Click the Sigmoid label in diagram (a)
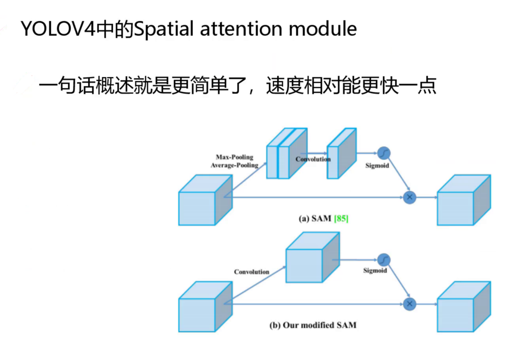[377, 165]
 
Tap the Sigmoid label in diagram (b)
[375, 270]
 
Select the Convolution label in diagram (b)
[251, 272]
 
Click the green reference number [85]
[341, 219]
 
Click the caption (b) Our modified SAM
[313, 325]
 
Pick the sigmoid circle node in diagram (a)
[384, 153]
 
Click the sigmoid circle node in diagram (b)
[384, 260]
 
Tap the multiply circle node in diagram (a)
[409, 197]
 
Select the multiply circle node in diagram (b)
[409, 304]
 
